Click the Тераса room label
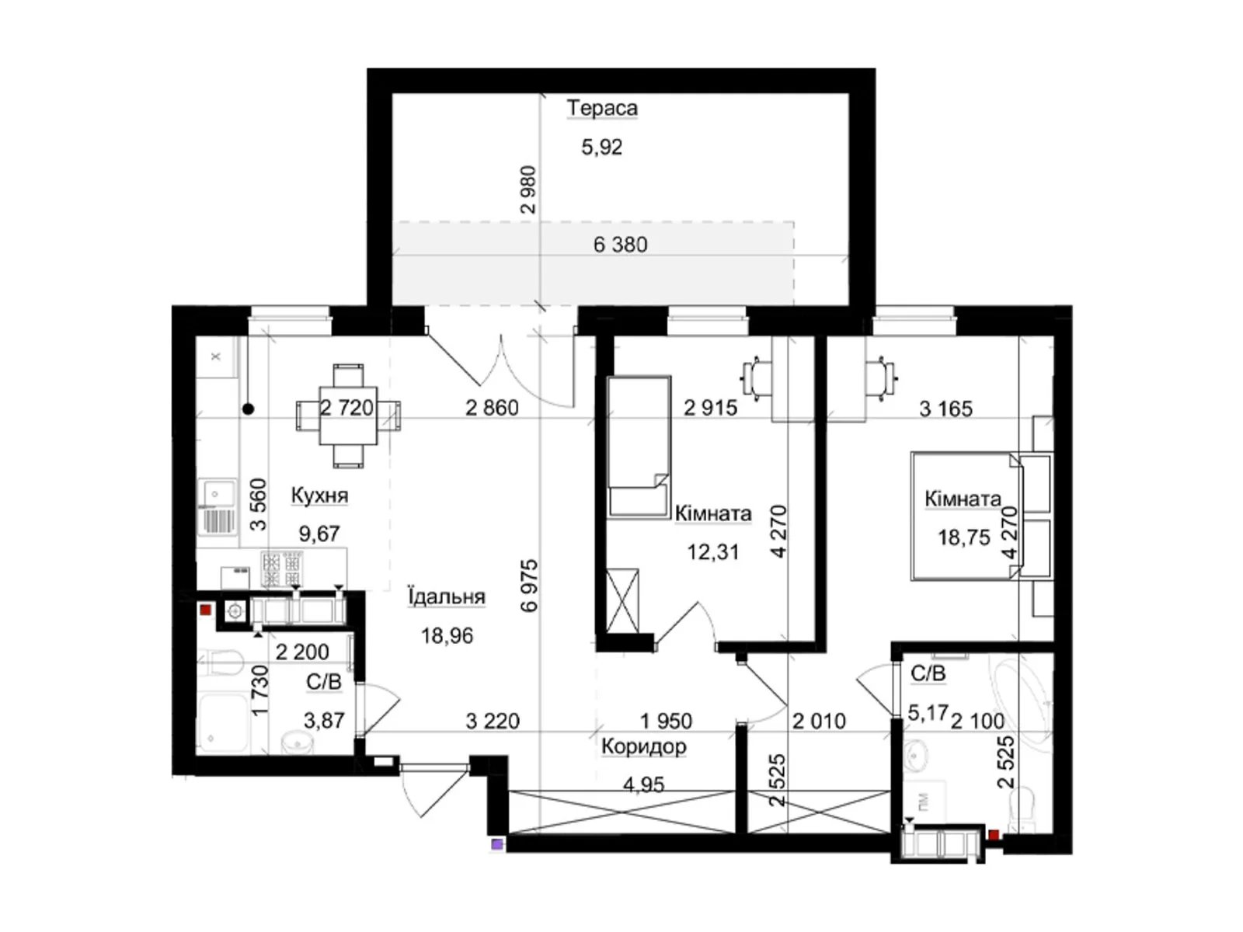(x=602, y=107)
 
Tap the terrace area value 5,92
(x=601, y=147)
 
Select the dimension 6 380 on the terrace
(x=620, y=245)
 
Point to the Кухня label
(x=319, y=496)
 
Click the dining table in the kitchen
(x=348, y=416)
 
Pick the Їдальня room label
(x=447, y=596)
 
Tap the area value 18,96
(x=447, y=635)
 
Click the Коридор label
(x=643, y=747)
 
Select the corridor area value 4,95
(x=643, y=785)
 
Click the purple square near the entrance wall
(x=496, y=844)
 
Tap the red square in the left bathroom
(x=206, y=610)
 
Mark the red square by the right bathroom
(x=994, y=835)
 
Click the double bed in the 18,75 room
(x=966, y=516)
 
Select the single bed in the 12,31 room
(x=639, y=447)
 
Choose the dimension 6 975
(x=530, y=586)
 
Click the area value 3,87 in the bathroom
(x=324, y=721)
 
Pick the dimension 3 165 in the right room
(x=945, y=409)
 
